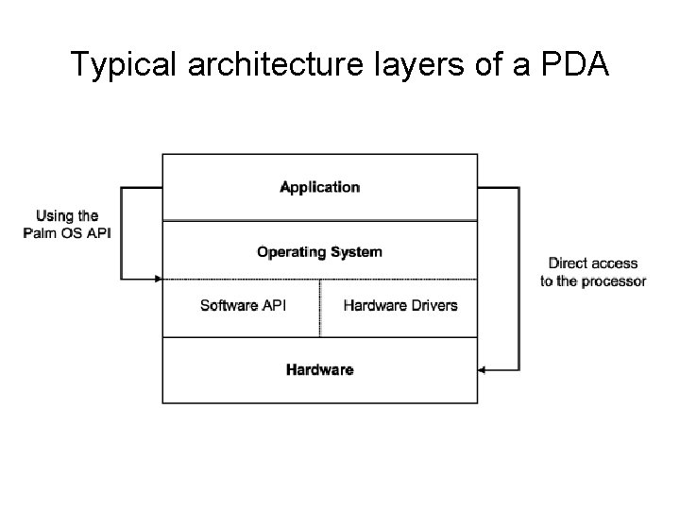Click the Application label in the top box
[319, 187]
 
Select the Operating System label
[319, 251]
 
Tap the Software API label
[244, 305]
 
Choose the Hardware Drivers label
[400, 305]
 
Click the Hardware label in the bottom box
[319, 369]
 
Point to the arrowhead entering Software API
[158, 279]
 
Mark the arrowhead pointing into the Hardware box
[483, 369]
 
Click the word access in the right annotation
[616, 263]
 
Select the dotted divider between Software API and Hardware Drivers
[320, 308]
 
